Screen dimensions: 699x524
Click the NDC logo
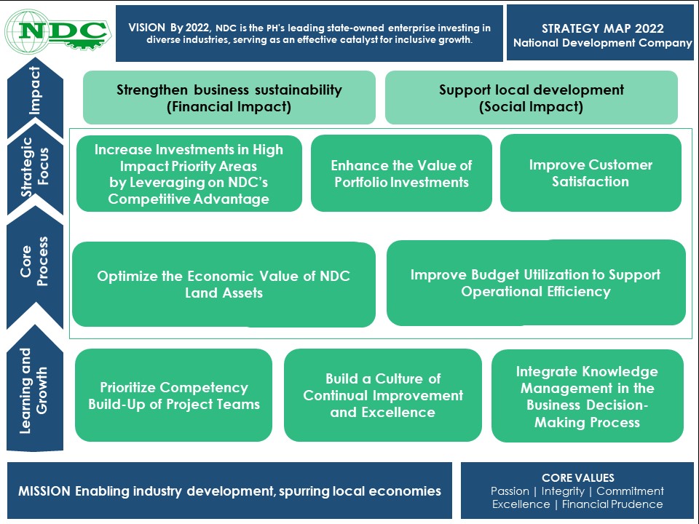point(58,31)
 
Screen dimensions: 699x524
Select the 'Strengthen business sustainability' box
point(229,98)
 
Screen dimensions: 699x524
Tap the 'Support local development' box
point(532,98)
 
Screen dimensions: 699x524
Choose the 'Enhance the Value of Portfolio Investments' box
point(401,173)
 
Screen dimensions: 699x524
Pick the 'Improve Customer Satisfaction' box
point(591,173)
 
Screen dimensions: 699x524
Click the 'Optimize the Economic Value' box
point(224,285)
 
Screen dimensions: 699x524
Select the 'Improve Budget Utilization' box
point(536,283)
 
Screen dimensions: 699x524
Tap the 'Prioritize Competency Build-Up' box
point(173,395)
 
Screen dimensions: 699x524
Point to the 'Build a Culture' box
point(383,395)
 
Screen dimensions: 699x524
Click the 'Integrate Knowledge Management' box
point(588,396)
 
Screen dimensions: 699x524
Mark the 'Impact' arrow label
point(35,90)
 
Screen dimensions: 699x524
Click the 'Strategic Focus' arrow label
point(35,167)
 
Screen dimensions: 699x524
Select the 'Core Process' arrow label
point(34,261)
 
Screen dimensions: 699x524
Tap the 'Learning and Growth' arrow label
point(33,391)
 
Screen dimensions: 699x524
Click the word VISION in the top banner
point(146,28)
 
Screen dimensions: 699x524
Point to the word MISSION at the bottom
point(44,491)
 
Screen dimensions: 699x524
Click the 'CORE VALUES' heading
point(578,477)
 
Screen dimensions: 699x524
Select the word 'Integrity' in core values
point(563,491)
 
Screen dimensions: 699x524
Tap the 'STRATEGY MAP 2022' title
point(603,28)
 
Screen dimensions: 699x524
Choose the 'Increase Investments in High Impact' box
point(189,173)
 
